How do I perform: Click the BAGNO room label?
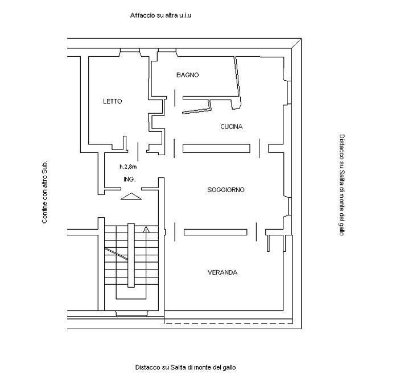(187, 75)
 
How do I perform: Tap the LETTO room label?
(112, 102)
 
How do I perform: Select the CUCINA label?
(231, 127)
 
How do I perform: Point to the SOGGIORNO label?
(226, 190)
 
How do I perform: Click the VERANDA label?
(223, 273)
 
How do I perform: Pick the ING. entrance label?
(129, 180)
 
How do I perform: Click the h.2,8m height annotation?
(128, 167)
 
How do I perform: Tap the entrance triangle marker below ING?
(131, 197)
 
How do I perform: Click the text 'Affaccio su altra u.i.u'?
(161, 15)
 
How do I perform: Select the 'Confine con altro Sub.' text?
(44, 191)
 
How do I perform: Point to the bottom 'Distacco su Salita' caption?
(186, 367)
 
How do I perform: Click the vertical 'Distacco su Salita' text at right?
(341, 185)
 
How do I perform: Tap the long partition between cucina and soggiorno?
(216, 148)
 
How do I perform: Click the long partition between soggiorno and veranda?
(215, 231)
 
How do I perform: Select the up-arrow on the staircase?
(146, 230)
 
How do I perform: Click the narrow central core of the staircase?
(131, 256)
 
